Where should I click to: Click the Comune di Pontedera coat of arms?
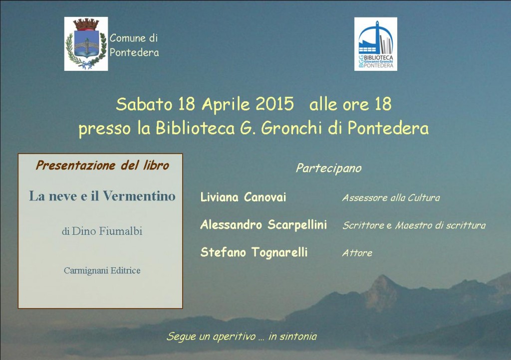86,44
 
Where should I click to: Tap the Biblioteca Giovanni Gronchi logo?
375,44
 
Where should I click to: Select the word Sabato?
144,104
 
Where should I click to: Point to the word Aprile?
226,105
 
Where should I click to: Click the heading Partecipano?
328,168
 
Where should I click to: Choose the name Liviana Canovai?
243,197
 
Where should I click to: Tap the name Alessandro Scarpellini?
263,224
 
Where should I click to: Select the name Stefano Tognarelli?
254,252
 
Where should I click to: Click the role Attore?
357,253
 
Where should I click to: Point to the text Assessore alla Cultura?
391,197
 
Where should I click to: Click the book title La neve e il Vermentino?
102,196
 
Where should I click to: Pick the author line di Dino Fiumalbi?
102,231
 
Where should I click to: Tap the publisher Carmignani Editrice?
102,270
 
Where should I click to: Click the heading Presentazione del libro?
102,166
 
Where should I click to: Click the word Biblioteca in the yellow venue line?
195,128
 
